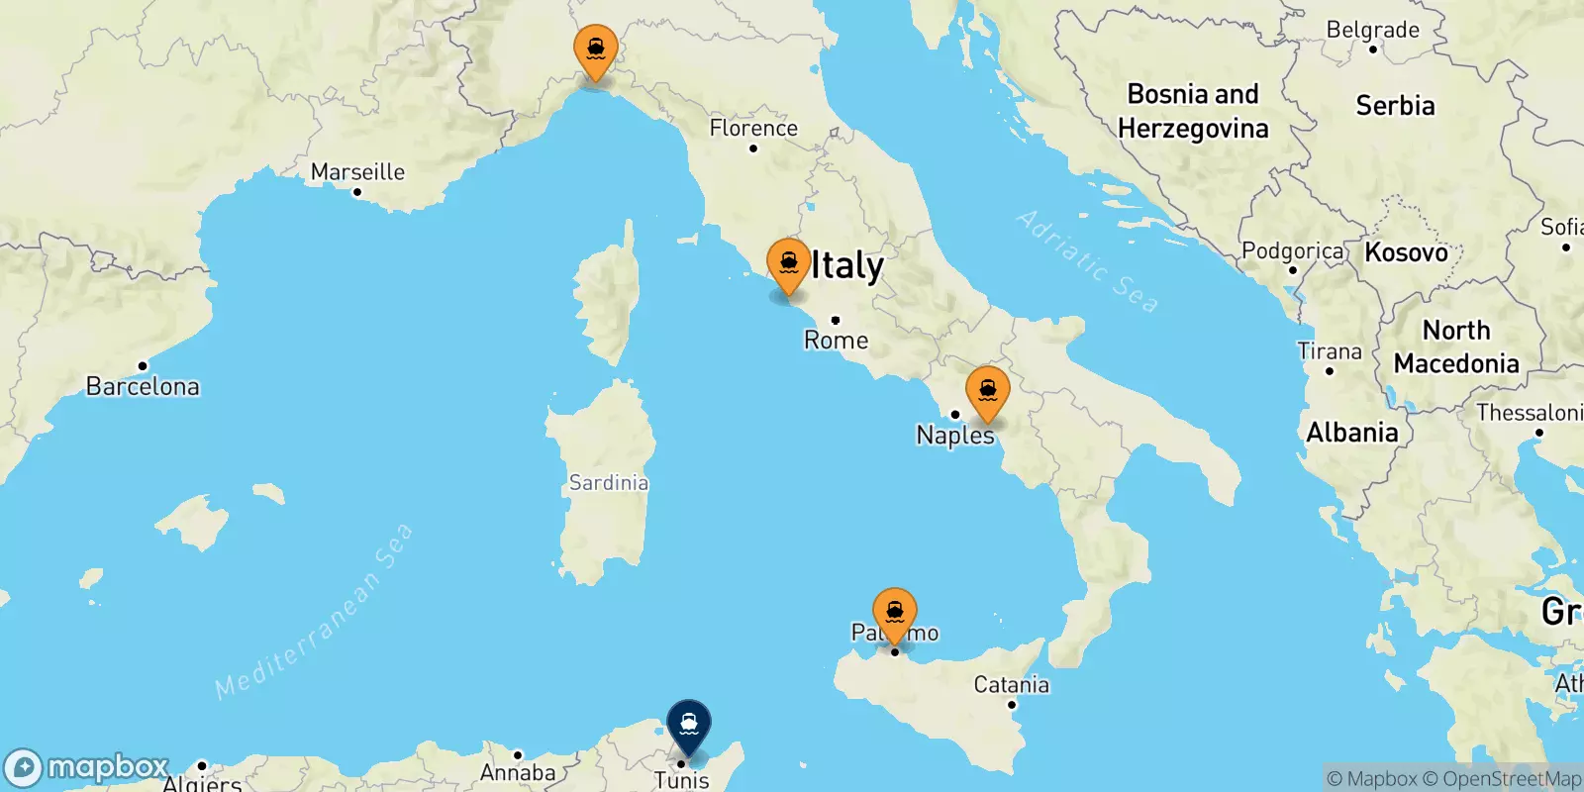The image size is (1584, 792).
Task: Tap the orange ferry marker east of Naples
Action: tap(987, 392)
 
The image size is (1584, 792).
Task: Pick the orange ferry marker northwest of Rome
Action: tap(789, 264)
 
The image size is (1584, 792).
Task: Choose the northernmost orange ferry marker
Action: tap(596, 50)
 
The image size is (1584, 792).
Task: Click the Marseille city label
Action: tap(357, 171)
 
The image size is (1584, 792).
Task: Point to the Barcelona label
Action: tap(143, 386)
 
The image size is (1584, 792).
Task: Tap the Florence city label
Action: tap(753, 128)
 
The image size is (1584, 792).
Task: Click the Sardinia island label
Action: tap(608, 482)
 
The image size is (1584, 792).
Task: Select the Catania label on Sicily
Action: tap(1011, 684)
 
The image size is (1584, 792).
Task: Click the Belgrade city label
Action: tap(1372, 30)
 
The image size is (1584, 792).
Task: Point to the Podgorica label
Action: tap(1292, 250)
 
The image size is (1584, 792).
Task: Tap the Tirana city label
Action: tap(1330, 351)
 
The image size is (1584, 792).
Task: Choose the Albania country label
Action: tap(1351, 433)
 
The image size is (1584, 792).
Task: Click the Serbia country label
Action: tap(1395, 105)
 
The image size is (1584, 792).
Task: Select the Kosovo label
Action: tap(1406, 252)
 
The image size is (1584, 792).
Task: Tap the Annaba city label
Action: tap(518, 772)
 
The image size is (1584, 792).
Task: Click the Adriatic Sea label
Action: tap(1086, 261)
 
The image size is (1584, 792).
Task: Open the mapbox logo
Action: tap(87, 767)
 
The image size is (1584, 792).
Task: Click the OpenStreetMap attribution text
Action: tap(1511, 779)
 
